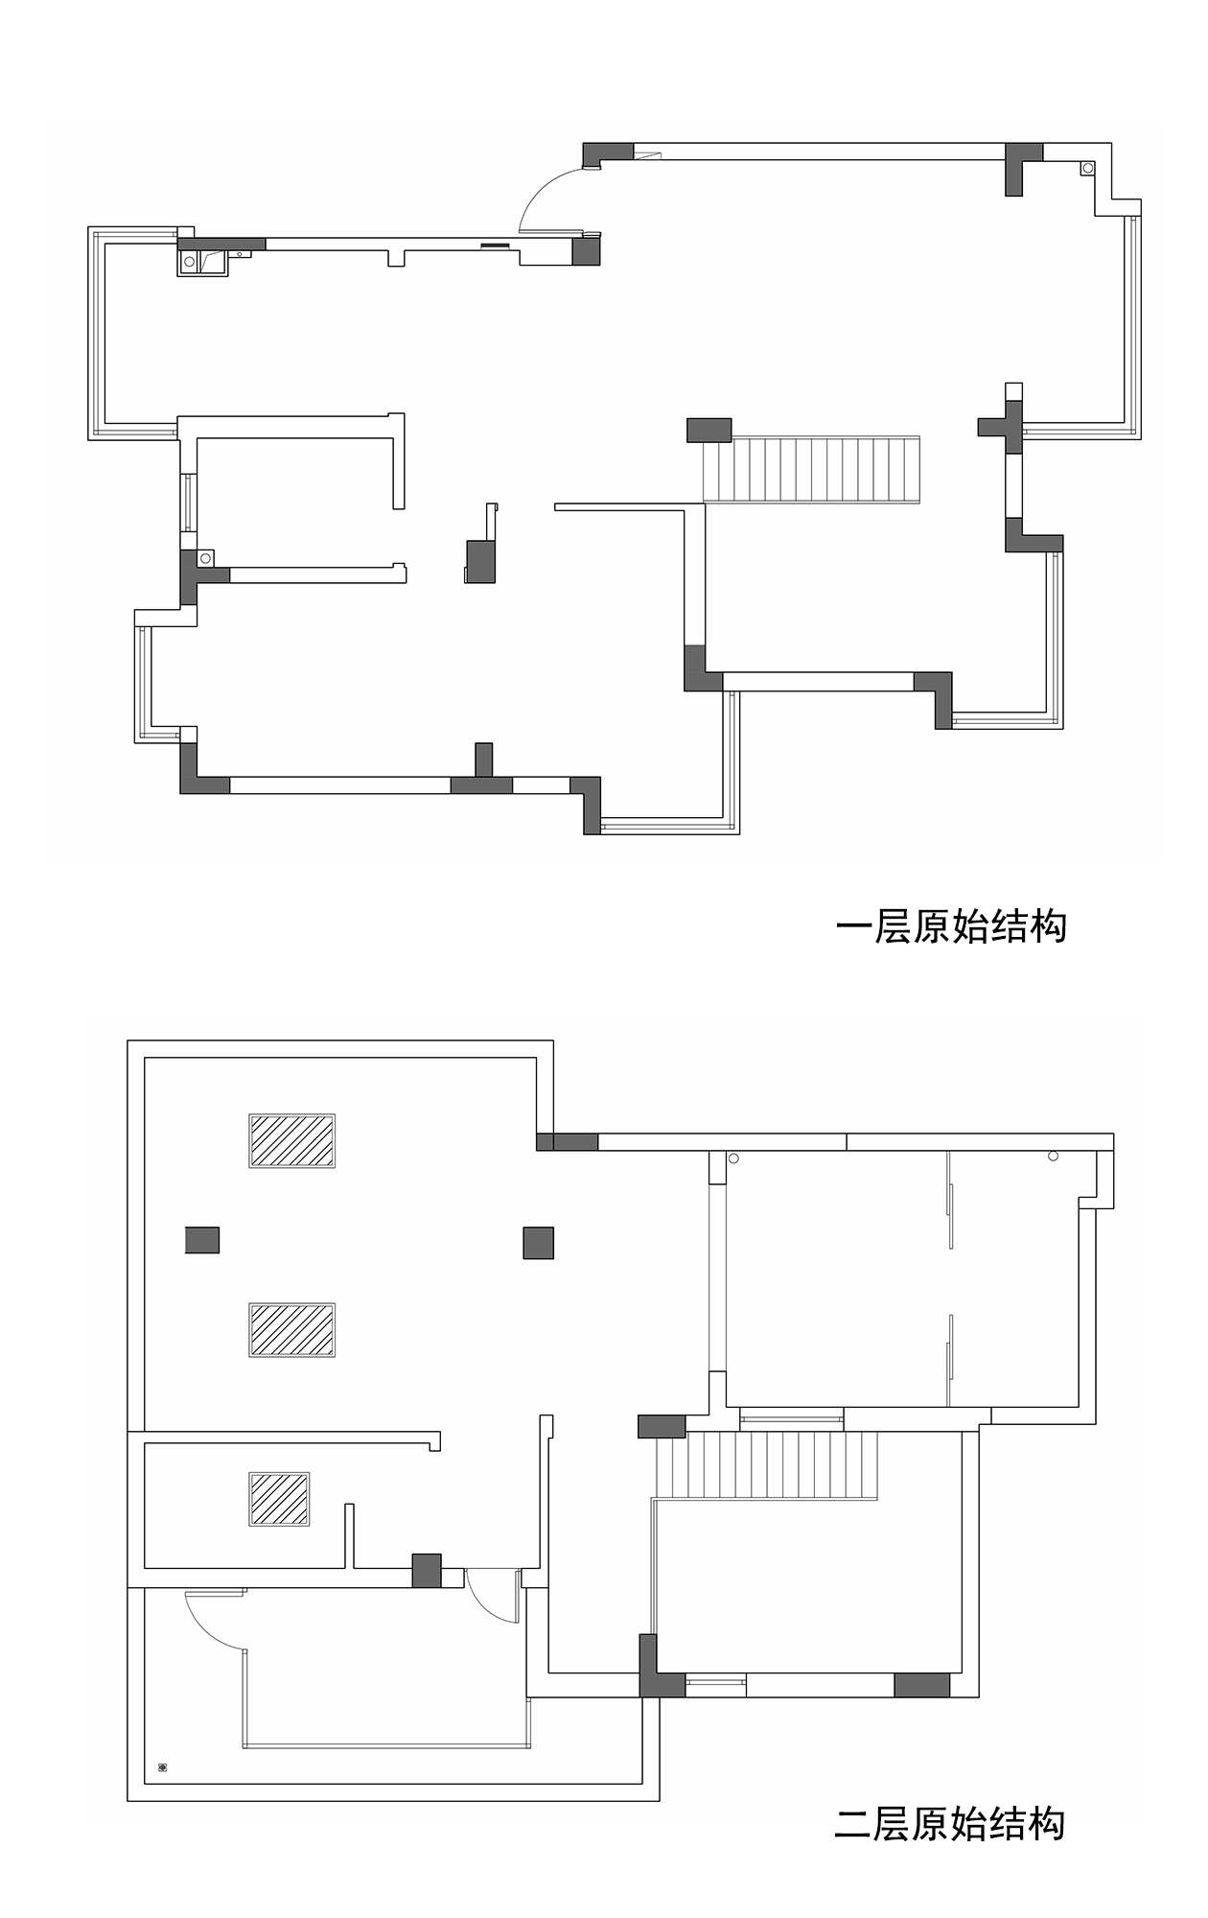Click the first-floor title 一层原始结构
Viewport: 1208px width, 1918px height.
tap(951, 926)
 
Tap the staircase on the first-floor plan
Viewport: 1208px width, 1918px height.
tap(811, 469)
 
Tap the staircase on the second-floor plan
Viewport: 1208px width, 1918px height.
tap(767, 1464)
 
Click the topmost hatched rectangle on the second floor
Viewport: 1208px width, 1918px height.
tap(292, 1140)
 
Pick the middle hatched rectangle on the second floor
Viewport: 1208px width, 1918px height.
tap(292, 1329)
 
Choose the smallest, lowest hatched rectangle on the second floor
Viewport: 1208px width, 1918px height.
tap(279, 1499)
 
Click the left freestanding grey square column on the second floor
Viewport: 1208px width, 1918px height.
tap(202, 1240)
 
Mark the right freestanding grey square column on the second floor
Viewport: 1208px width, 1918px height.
tap(539, 1243)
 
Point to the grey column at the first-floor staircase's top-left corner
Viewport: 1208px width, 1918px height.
tap(709, 430)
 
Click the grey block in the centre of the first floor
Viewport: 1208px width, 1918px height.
tap(480, 561)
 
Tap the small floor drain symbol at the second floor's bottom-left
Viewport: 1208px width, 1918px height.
tap(163, 1766)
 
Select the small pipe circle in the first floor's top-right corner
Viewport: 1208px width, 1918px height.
tap(1087, 169)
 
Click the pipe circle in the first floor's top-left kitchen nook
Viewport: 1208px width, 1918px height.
tap(190, 262)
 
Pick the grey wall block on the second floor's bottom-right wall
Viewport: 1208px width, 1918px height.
tap(922, 1684)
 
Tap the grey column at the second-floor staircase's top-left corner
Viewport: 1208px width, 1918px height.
tap(662, 1426)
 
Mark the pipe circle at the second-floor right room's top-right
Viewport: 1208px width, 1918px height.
tap(1053, 1157)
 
